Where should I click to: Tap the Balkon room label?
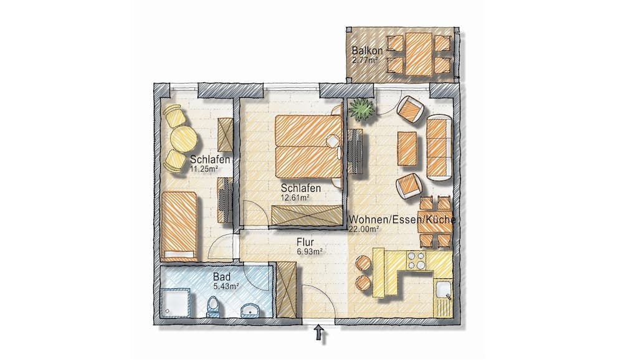pyautogui.click(x=365, y=50)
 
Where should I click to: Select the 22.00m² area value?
pyautogui.click(x=364, y=229)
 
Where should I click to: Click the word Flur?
pyautogui.click(x=305, y=242)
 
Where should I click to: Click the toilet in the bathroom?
pyautogui.click(x=213, y=306)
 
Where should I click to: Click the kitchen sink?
pyautogui.click(x=442, y=291)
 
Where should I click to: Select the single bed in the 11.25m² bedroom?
pyautogui.click(x=179, y=226)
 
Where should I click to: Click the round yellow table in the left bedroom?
pyautogui.click(x=183, y=138)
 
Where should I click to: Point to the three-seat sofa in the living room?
pyautogui.click(x=438, y=147)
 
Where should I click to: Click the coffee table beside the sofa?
pyautogui.click(x=407, y=148)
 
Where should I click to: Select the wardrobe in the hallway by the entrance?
pyautogui.click(x=287, y=290)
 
